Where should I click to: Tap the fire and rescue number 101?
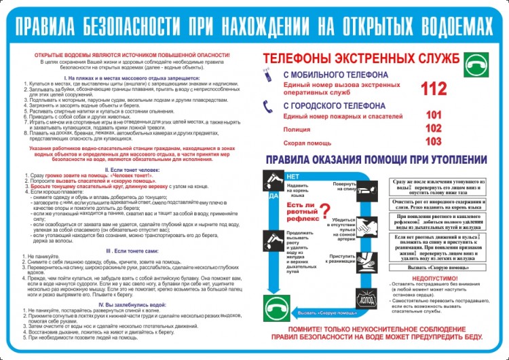[x=434, y=115]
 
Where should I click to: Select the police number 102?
[x=434, y=128]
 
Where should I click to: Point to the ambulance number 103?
[x=434, y=141]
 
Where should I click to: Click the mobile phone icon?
[x=269, y=78]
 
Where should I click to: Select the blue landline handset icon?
[x=269, y=107]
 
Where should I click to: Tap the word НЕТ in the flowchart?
[x=293, y=176]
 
